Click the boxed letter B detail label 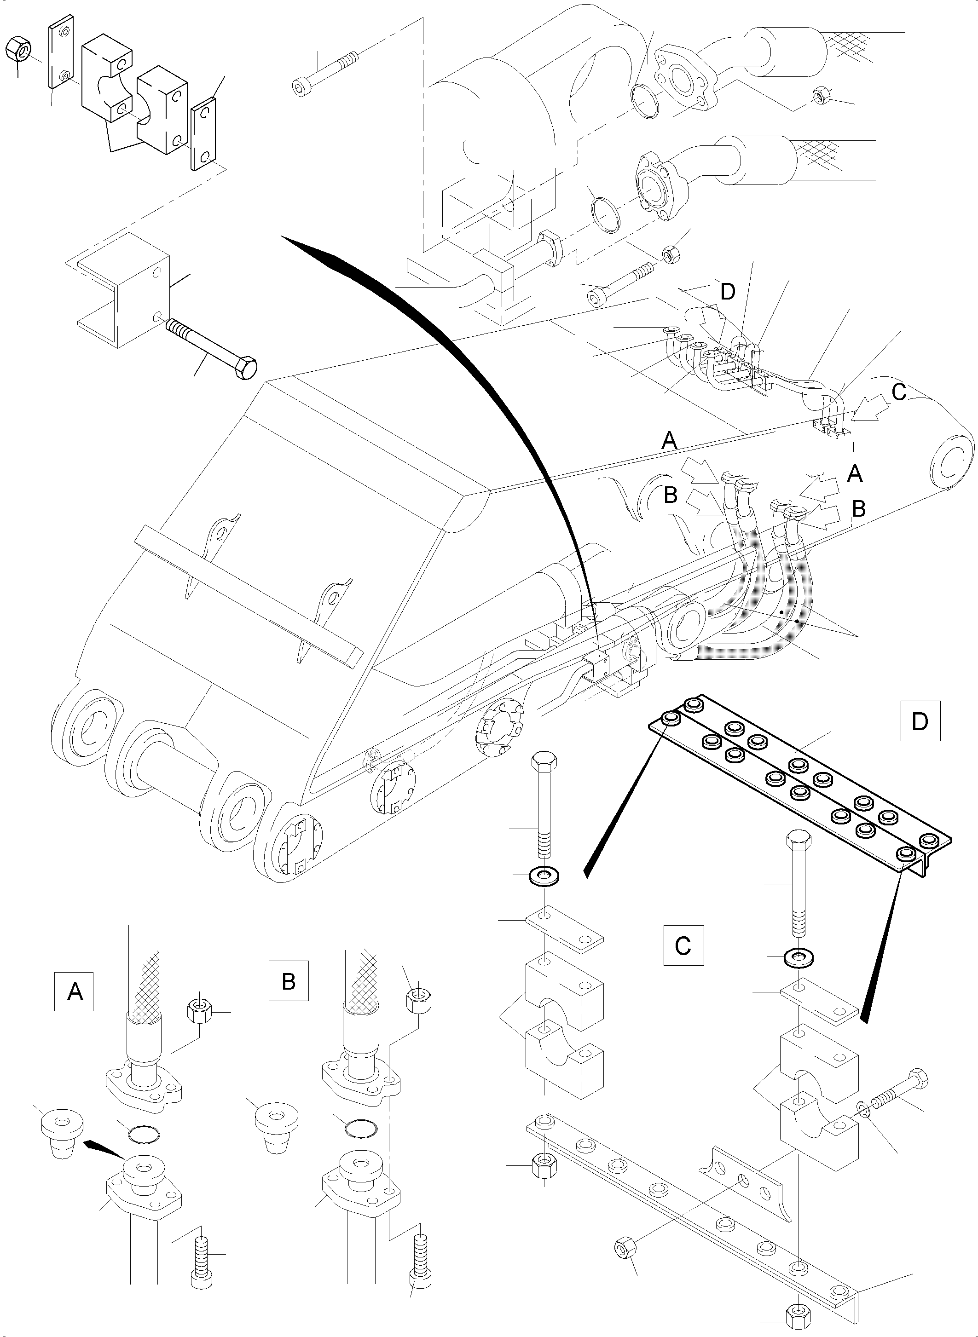point(288,981)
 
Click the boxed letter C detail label point(683,945)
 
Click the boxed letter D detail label point(920,721)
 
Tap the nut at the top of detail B point(418,1000)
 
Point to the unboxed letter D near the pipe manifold point(728,292)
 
